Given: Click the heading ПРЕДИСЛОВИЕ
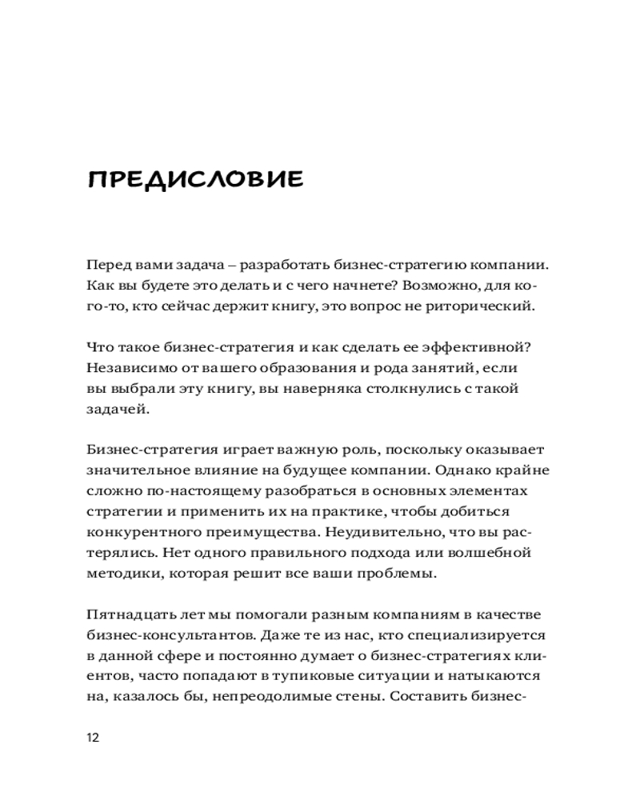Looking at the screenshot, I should click(x=195, y=178).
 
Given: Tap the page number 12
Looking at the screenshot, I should click(x=93, y=737).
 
